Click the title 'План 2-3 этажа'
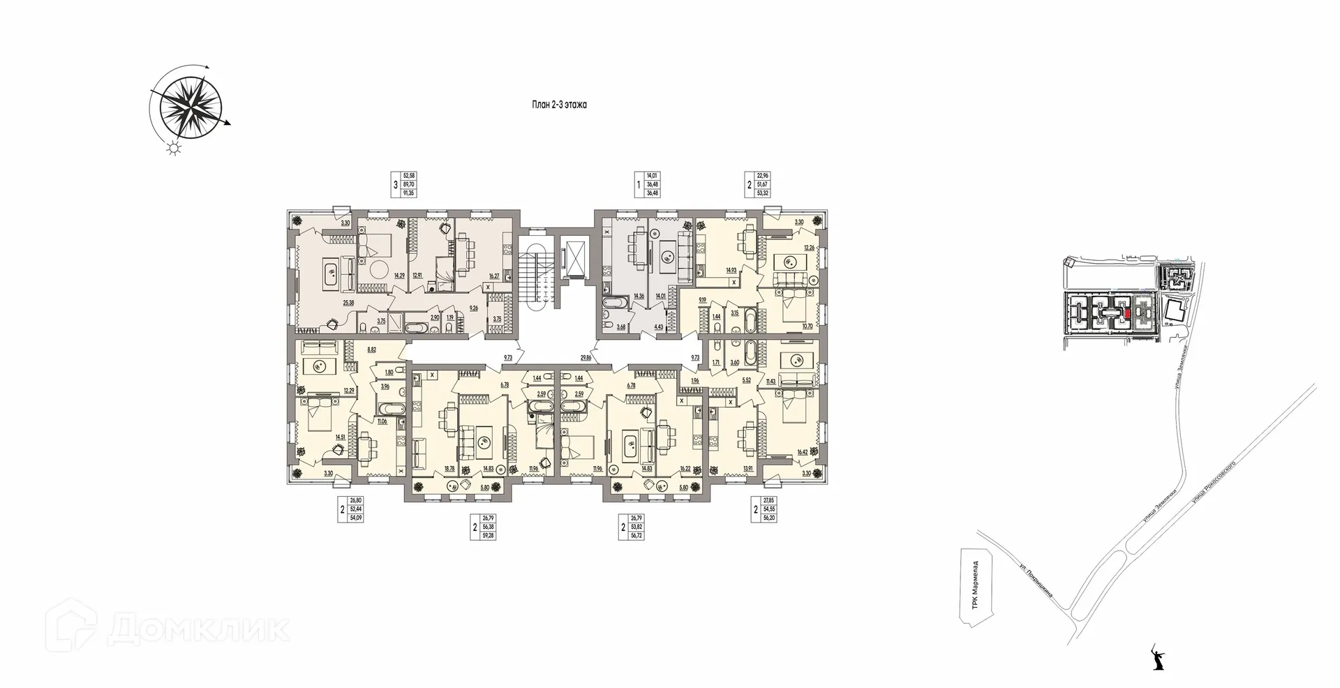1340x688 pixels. pos(558,105)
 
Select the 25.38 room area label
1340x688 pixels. pos(348,303)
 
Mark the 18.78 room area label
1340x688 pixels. pos(449,468)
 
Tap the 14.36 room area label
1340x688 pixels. pos(638,296)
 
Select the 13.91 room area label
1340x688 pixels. pos(748,468)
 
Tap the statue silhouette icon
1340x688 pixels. pos(1159,659)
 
